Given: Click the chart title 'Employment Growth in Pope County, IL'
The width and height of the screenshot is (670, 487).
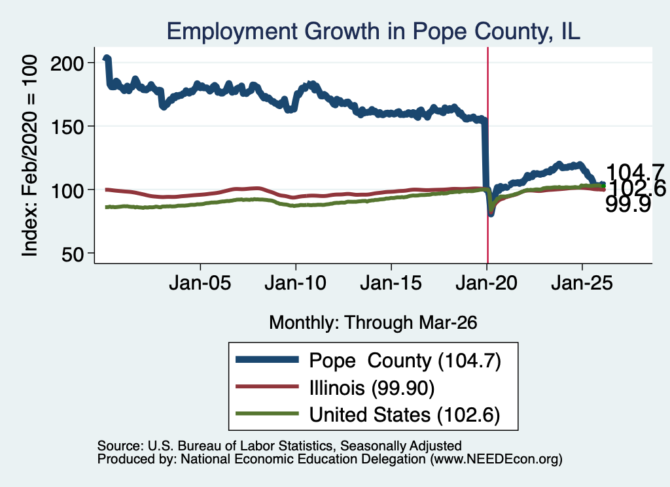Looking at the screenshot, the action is pos(373,31).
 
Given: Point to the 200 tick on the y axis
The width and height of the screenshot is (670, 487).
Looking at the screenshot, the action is pos(67,63).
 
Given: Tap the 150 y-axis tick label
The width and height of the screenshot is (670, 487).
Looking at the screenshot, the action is pos(67,127).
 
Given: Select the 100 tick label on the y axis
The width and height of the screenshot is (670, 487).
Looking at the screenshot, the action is pos(67,190).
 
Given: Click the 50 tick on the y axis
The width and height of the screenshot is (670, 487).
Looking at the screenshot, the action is pos(73,254).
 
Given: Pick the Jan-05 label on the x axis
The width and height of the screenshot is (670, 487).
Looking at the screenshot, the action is pos(200,283).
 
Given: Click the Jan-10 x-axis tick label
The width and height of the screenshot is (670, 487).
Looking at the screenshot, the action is pos(295,283).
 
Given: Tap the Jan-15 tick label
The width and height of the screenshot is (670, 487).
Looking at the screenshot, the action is pos(391,283).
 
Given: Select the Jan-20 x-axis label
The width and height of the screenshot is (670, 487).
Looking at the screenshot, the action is pos(486,283).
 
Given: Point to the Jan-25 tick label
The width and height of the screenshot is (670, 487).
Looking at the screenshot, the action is pos(582,283).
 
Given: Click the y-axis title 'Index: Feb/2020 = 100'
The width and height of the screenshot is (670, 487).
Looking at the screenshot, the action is pos(29,156).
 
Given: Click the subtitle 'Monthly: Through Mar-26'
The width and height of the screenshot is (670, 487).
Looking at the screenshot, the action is pos(373,323).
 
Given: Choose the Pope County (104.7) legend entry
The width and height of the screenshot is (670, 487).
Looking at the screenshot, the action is pos(368,361).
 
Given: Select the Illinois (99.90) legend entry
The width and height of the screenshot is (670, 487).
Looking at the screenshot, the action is pos(335,388).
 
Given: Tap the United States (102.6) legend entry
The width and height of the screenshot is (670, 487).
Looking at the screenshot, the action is pos(368,414).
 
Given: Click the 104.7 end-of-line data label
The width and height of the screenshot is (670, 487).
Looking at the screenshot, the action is pos(635,173).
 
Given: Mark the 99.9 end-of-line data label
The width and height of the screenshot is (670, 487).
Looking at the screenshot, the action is pos(628,205).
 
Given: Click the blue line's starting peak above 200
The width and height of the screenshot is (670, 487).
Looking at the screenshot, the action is pos(107,58).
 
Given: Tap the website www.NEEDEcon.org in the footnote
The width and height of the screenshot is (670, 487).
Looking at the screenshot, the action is pos(496,460).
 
